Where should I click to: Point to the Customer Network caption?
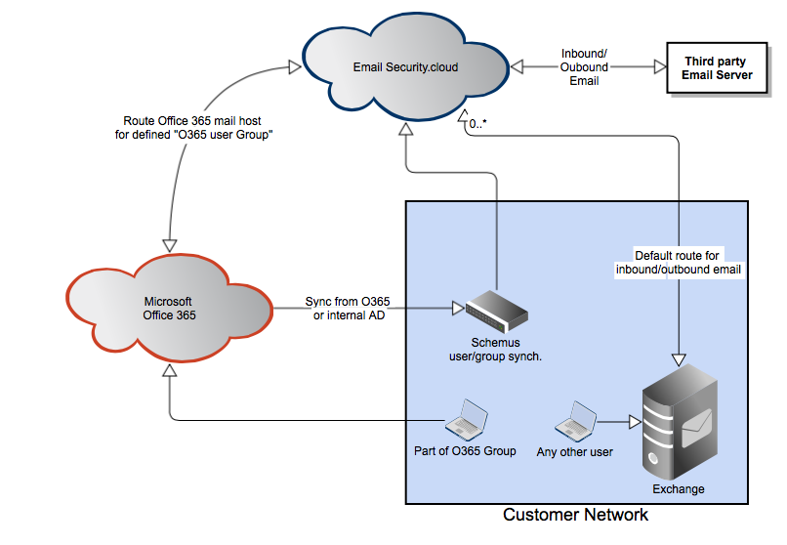[575, 515]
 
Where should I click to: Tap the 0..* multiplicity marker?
[478, 125]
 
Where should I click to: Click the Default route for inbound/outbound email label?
[681, 262]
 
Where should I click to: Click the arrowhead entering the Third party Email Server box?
[659, 67]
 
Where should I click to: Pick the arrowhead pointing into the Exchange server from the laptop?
[635, 422]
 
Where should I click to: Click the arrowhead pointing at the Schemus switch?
[456, 310]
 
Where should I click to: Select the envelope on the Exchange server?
[699, 422]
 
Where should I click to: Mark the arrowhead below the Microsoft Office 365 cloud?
[170, 370]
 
